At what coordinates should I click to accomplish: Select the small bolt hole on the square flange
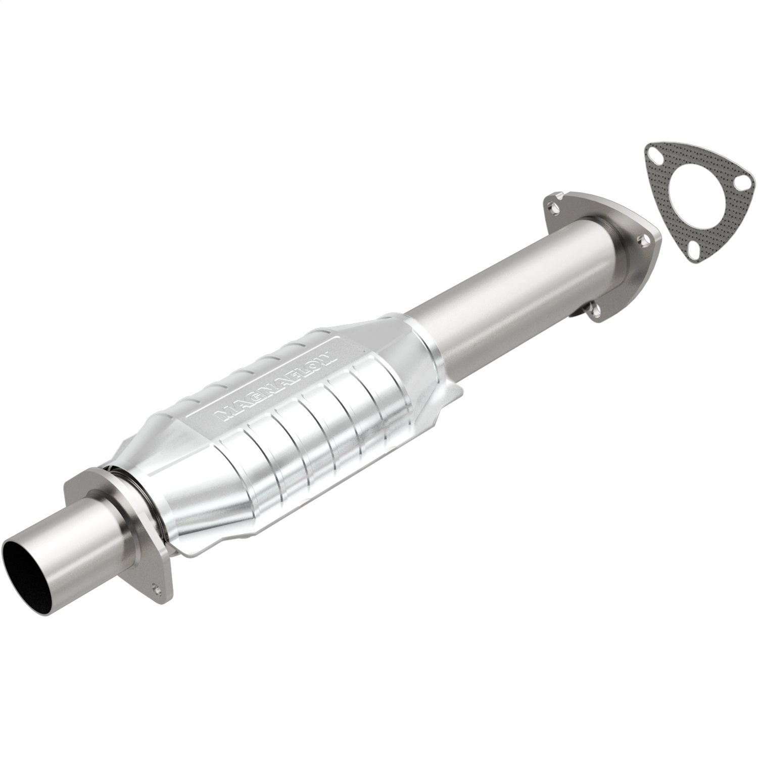(x=155, y=588)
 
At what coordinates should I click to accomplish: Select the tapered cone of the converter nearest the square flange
(x=167, y=485)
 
